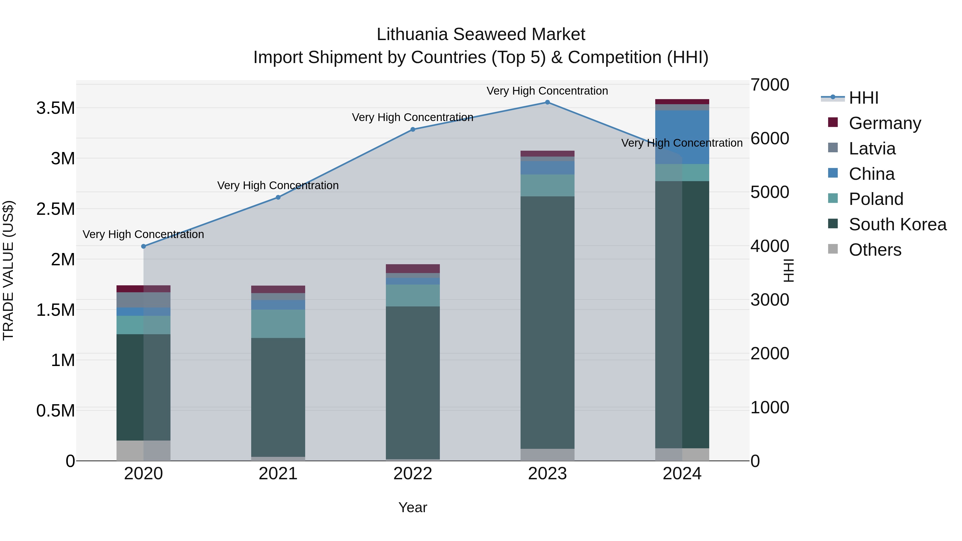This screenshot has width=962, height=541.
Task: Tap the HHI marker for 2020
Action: point(143,246)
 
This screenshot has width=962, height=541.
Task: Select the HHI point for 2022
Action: point(413,130)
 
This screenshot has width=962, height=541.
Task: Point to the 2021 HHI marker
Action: point(278,197)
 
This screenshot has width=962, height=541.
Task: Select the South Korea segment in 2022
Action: point(413,382)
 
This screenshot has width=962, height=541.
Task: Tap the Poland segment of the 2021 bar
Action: point(278,324)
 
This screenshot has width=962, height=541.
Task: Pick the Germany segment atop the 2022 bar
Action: point(413,268)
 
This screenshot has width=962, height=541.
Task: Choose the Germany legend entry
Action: point(884,123)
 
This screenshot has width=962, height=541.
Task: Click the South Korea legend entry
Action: point(897,224)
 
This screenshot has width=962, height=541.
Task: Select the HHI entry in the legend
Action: point(863,98)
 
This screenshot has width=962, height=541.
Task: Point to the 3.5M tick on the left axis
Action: point(56,108)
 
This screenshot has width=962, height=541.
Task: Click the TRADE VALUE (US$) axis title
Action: point(8,270)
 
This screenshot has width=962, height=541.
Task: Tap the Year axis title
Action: point(413,507)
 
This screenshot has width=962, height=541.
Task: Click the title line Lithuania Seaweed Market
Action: point(481,34)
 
